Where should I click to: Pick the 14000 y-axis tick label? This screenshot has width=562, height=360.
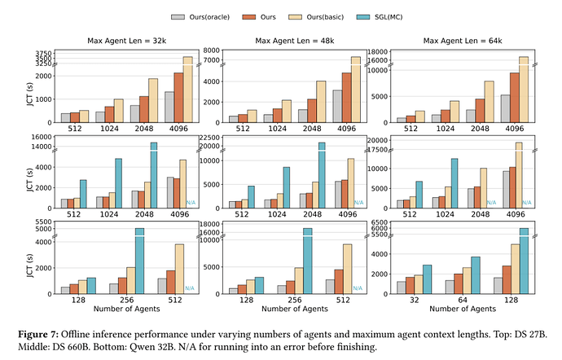coord(42,147)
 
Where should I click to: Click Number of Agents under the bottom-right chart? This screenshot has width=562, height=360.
coord(463,310)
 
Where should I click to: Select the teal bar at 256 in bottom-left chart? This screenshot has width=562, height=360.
coord(139,261)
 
